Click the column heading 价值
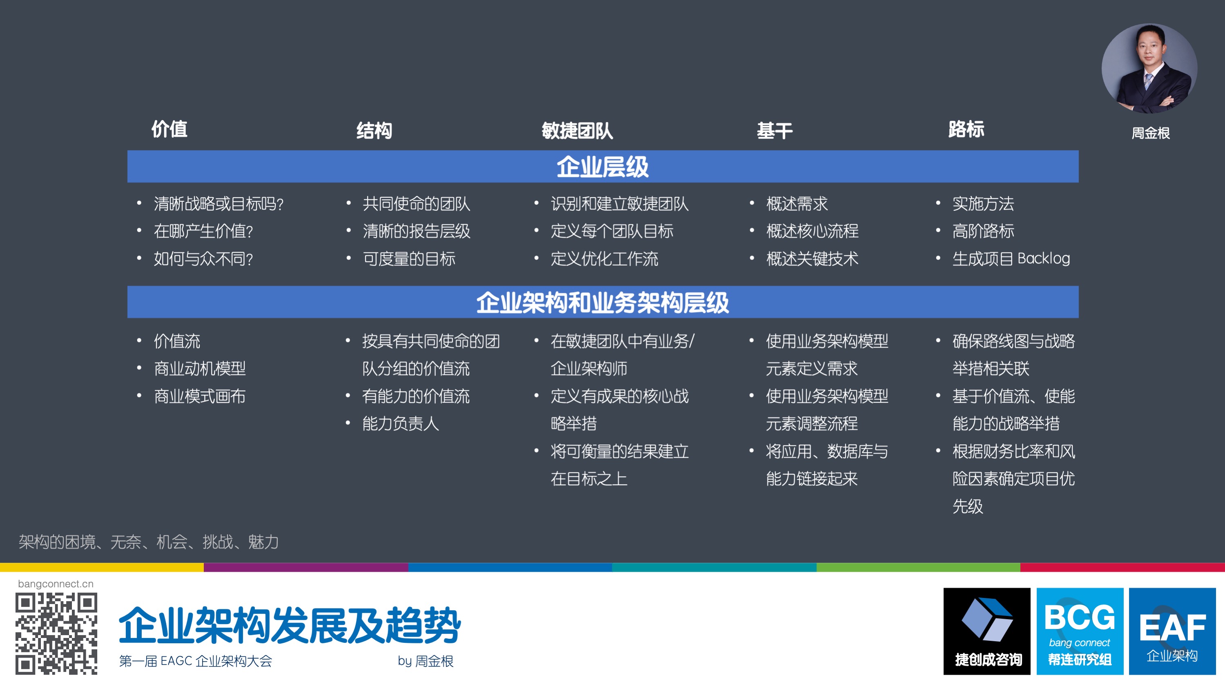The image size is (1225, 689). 169,129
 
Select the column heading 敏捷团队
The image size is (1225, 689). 577,131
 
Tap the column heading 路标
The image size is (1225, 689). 966,129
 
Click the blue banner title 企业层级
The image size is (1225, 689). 602,167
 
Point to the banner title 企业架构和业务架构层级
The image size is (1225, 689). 602,302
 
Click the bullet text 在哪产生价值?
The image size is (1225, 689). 203,232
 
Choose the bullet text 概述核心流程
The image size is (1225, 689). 812,232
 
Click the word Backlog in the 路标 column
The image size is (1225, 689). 1043,259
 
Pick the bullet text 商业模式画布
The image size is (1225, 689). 200,397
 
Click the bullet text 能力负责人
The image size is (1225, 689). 400,424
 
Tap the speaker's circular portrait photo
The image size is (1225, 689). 1149,69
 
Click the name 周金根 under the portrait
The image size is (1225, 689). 1150,133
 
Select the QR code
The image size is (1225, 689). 56,633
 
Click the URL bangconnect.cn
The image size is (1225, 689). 56,584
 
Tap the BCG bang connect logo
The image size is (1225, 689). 1080,631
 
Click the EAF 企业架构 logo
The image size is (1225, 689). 1172,631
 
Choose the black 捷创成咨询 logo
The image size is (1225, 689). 987,631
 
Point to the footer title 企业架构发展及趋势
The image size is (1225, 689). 289,625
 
